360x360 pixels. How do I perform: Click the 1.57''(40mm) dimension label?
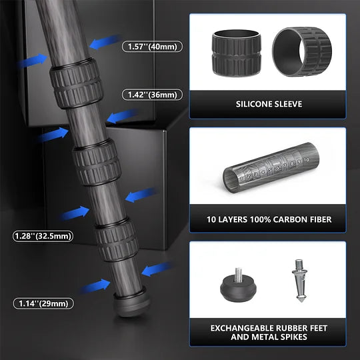153,46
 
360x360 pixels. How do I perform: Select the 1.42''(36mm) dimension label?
153,95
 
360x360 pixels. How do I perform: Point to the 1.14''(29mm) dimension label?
42,303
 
